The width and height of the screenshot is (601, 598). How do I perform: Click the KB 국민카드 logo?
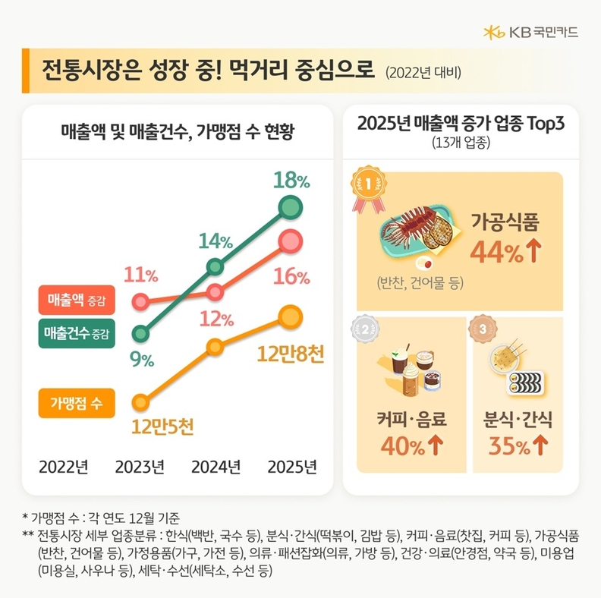[x=530, y=32]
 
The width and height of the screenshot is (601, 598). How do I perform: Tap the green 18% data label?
[x=292, y=181]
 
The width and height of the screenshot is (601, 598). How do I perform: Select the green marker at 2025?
[x=290, y=206]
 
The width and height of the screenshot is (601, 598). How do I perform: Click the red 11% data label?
[x=140, y=275]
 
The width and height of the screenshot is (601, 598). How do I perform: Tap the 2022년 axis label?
[x=64, y=466]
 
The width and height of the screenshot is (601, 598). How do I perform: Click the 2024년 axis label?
[x=216, y=466]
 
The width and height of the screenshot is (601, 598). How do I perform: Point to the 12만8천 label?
[x=291, y=354]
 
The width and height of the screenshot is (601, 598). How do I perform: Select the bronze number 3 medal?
[x=483, y=329]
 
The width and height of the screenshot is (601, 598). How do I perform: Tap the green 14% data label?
[x=216, y=241]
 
